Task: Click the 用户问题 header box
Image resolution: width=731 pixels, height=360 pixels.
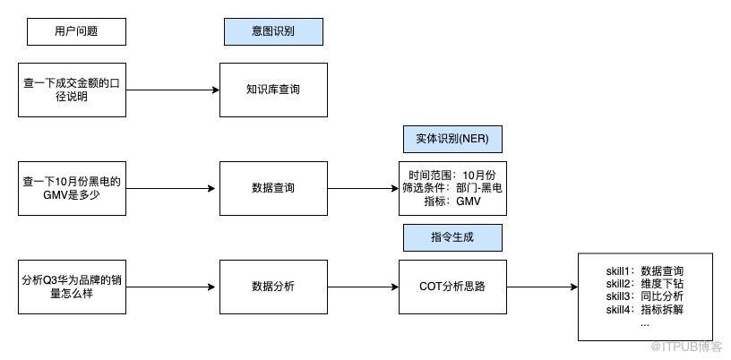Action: (76, 31)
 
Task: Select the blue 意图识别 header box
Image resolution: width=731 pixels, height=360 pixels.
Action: (273, 31)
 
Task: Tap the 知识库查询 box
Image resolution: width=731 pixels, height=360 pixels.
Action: (273, 90)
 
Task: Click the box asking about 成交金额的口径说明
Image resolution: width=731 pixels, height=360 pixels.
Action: (73, 90)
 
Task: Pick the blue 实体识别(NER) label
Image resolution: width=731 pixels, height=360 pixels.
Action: (452, 139)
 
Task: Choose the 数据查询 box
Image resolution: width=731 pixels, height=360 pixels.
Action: (273, 188)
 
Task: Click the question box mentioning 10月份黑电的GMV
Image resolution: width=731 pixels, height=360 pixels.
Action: (73, 188)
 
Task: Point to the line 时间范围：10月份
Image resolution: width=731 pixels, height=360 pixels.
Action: (452, 176)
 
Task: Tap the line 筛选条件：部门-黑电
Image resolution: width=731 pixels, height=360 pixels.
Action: (452, 188)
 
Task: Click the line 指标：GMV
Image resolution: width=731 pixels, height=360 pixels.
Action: (452, 201)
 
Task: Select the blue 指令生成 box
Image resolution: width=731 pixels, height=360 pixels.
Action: (452, 237)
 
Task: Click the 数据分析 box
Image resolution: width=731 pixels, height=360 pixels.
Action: (273, 287)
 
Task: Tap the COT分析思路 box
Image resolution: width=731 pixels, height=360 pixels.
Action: (452, 287)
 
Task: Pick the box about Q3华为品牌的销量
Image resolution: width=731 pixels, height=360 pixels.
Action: (73, 287)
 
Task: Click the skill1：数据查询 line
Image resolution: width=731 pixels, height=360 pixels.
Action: (645, 271)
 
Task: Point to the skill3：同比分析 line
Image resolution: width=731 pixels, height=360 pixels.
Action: (645, 296)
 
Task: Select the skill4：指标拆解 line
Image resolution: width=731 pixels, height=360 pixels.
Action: (645, 309)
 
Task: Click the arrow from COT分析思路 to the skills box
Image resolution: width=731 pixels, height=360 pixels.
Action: (542, 287)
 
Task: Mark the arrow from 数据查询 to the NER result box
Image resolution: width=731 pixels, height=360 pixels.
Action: (363, 188)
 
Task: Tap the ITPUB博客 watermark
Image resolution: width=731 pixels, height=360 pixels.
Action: (686, 347)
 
